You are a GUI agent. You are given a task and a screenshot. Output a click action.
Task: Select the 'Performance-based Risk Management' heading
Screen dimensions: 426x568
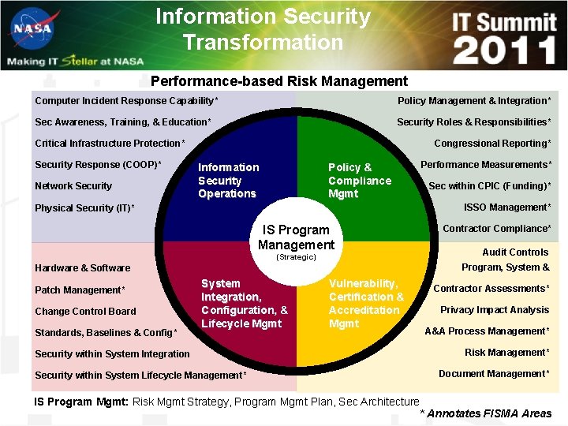pos(279,81)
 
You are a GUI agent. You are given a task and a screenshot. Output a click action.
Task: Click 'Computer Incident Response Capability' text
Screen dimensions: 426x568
pos(126,101)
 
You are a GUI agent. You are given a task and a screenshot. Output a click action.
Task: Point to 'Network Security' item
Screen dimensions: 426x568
pos(73,186)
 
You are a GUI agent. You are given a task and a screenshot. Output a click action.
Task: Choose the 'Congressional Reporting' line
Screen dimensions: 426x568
pos(492,144)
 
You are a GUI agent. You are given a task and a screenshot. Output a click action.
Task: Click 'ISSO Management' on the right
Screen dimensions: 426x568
pos(507,207)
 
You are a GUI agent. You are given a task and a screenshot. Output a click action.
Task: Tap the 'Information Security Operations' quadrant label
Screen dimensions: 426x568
pos(228,181)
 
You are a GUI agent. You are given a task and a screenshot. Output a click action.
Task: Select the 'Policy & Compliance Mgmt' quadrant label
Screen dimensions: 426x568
pos(359,181)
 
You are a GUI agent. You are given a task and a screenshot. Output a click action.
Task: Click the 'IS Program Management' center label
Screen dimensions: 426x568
pos(296,237)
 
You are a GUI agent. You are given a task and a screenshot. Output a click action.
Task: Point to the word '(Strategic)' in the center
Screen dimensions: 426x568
pos(296,257)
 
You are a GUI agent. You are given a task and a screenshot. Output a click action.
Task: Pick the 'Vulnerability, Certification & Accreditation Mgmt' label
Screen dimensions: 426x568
pos(365,303)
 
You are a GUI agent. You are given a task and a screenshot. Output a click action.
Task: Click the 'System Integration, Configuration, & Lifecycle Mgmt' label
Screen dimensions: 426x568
pos(244,303)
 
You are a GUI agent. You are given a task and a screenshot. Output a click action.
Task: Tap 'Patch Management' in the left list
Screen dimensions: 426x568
pos(80,290)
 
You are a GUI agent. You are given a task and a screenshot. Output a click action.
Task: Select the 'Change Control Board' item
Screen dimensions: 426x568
pos(85,312)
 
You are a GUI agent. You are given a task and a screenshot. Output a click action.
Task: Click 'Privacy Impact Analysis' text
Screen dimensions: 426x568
pos(495,310)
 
